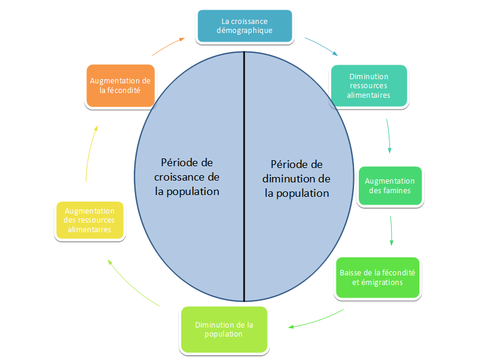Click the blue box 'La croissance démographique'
point(245,26)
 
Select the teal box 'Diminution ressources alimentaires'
point(369,86)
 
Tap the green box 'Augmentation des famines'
point(390,186)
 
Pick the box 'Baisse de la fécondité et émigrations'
point(377,278)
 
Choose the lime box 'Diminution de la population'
point(224,329)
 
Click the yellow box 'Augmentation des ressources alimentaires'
point(89,220)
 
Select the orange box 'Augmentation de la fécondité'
point(121,86)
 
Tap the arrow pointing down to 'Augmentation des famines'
point(388,136)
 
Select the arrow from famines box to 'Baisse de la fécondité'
point(391,230)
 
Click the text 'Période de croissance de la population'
point(187,177)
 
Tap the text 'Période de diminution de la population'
point(296,179)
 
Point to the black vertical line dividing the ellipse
point(244,176)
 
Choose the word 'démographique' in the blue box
point(245,31)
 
